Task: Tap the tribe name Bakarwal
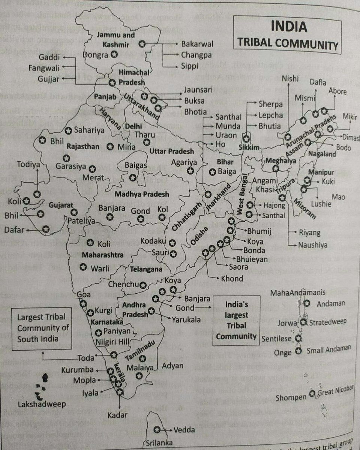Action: tap(197, 44)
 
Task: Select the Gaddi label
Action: tap(50, 58)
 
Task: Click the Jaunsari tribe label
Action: tap(198, 90)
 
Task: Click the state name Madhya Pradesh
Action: tap(142, 195)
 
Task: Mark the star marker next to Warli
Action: tap(83, 267)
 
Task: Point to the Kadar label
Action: tap(119, 415)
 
